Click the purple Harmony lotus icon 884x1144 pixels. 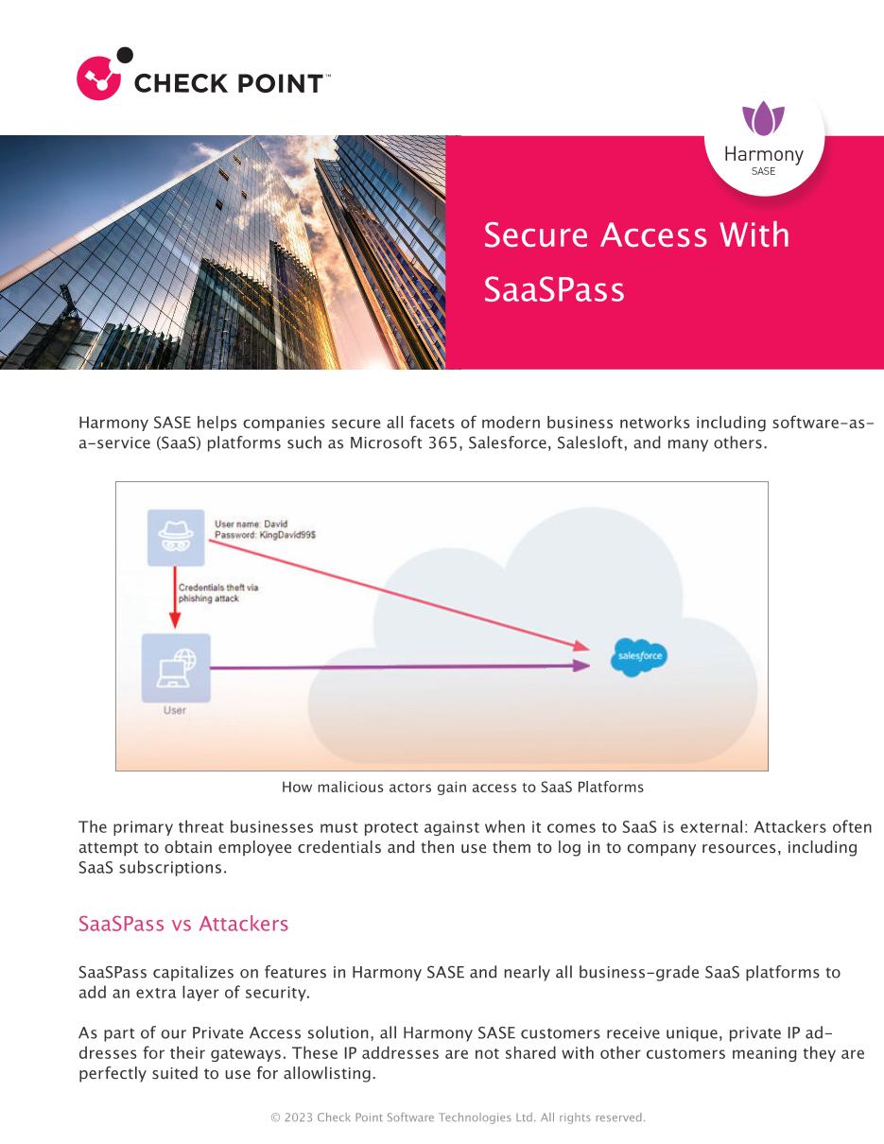(x=763, y=121)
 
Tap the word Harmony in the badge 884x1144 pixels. (x=763, y=154)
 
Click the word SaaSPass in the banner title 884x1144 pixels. (x=554, y=289)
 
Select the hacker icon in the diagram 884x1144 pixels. (x=175, y=537)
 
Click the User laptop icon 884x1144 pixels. (x=175, y=667)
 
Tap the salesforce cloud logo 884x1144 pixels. (x=638, y=656)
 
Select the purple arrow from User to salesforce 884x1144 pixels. (x=397, y=667)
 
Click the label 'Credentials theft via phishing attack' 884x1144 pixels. (x=217, y=594)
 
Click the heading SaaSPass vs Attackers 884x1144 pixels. (x=183, y=924)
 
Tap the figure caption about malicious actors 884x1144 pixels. (x=462, y=787)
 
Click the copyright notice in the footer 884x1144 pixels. (x=459, y=1118)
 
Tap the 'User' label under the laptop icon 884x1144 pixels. (x=175, y=710)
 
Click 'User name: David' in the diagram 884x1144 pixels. (x=251, y=524)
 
